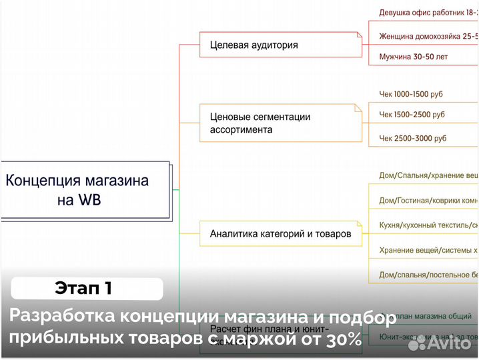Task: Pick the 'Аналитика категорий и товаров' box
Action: tap(280, 233)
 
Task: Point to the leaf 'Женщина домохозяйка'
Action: tap(427, 35)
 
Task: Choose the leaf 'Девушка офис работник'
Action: tap(427, 13)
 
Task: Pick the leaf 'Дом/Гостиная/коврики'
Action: tap(427, 200)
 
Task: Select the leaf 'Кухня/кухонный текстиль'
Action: tap(427, 225)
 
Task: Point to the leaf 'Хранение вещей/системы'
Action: tap(427, 250)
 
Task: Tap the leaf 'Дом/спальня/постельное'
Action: tap(427, 274)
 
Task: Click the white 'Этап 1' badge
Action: tap(87, 289)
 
